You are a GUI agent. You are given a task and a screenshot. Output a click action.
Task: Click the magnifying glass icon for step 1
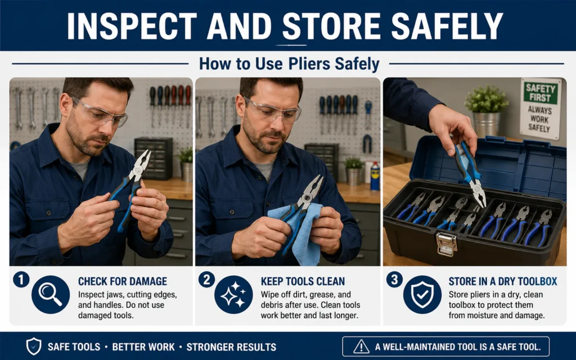pos(51,295)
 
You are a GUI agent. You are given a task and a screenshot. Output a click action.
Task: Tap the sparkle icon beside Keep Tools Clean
pos(233,295)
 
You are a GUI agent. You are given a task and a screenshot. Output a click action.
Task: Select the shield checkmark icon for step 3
pos(422,295)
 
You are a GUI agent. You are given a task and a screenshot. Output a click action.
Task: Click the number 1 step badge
pos(21,280)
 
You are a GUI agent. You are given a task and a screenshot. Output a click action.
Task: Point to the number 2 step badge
pos(207,280)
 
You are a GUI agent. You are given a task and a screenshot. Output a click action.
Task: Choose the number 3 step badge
pos(394,280)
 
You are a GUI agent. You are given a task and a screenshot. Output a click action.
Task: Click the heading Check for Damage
pos(122,281)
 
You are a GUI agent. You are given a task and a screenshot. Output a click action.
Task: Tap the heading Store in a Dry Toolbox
pos(502,281)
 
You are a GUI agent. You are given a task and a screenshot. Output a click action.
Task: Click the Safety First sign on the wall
pos(541,109)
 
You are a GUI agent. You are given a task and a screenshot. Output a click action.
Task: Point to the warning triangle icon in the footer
pos(361,346)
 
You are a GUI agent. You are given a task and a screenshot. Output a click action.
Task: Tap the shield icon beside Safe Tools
pos(33,346)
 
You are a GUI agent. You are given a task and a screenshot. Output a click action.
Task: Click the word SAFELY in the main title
pos(447,26)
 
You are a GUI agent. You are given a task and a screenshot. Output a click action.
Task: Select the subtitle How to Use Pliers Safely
pos(289,64)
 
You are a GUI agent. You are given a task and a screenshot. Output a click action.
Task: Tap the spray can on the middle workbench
pos(375,176)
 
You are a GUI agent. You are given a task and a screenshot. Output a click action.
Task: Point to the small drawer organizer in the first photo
pos(154,158)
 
